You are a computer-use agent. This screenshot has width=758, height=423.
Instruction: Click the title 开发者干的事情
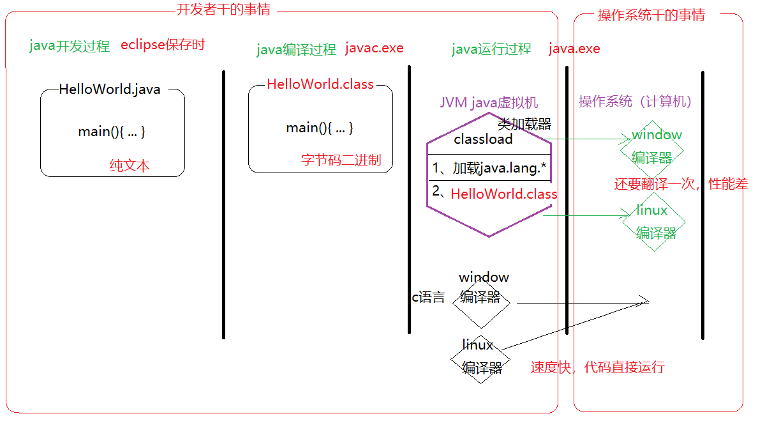[x=223, y=10]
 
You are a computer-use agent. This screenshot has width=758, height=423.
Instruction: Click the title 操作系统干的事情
[x=651, y=15]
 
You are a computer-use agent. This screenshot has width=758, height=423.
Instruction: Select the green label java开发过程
[x=70, y=46]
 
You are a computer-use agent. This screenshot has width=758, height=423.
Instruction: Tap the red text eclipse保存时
[x=163, y=45]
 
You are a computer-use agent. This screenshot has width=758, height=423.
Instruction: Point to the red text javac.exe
[x=374, y=49]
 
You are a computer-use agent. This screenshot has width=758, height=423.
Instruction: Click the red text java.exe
[x=574, y=49]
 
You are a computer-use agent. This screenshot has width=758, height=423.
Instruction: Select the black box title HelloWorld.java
[x=109, y=89]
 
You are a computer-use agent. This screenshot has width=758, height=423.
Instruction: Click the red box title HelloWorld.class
[x=320, y=84]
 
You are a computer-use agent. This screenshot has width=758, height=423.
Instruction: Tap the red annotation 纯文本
[x=130, y=166]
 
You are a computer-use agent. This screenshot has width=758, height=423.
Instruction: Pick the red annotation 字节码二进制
[x=341, y=160]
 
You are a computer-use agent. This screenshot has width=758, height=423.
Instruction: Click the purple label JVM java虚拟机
[x=489, y=103]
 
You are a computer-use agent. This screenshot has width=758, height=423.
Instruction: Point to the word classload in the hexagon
[x=483, y=139]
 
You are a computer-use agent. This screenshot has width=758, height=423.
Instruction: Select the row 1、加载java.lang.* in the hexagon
[x=489, y=168]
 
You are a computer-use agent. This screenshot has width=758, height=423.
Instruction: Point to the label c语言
[x=428, y=297]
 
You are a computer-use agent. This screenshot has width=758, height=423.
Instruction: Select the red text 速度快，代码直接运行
[x=597, y=367]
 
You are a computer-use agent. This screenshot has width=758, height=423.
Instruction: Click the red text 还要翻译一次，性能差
[x=681, y=185]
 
